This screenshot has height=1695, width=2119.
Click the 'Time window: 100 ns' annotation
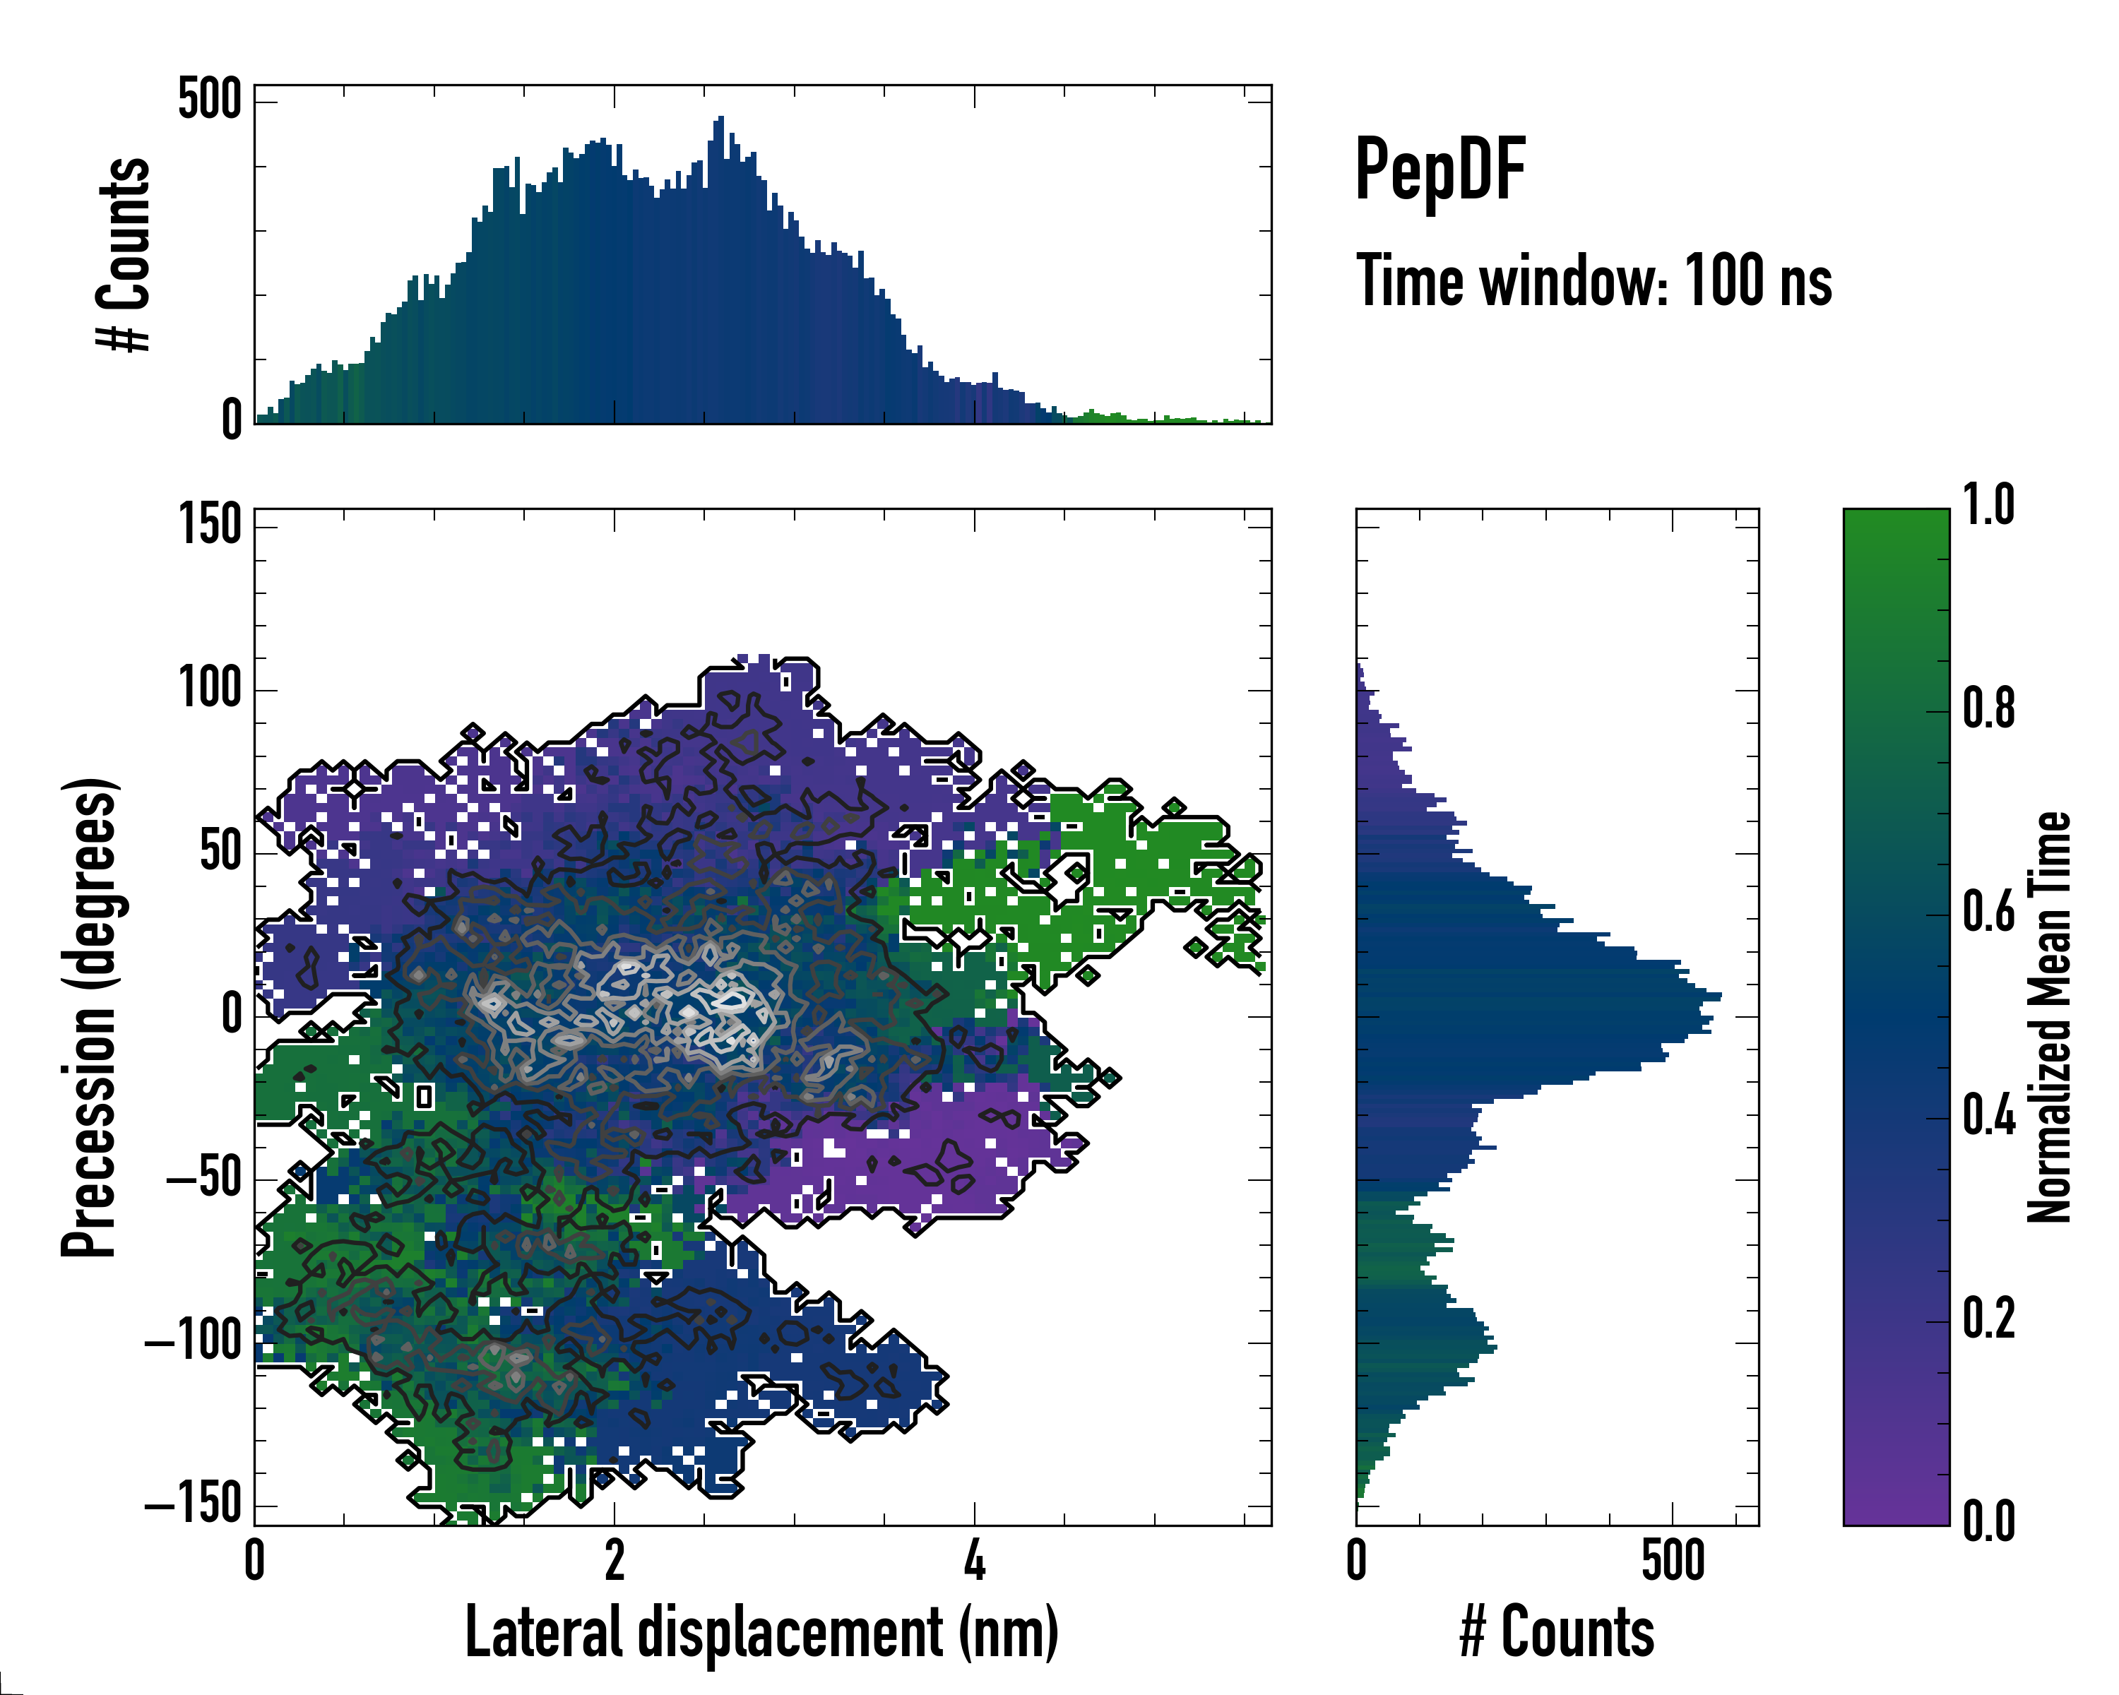(x=1593, y=281)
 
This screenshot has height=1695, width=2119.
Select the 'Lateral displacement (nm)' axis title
(x=761, y=1632)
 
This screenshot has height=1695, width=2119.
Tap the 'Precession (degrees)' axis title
(x=90, y=1017)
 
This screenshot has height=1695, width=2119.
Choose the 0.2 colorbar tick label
(x=1988, y=1319)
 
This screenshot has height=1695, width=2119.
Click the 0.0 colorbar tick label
(x=1988, y=1522)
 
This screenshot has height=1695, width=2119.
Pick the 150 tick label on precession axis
(x=209, y=525)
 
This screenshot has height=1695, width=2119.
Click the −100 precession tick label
(x=193, y=1341)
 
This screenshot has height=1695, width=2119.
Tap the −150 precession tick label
(x=193, y=1504)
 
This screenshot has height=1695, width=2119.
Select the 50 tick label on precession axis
(x=220, y=852)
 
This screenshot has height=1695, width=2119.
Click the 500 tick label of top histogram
(x=209, y=100)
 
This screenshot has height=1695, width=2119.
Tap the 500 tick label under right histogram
(x=1673, y=1562)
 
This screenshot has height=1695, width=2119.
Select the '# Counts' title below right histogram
(x=1557, y=1632)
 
